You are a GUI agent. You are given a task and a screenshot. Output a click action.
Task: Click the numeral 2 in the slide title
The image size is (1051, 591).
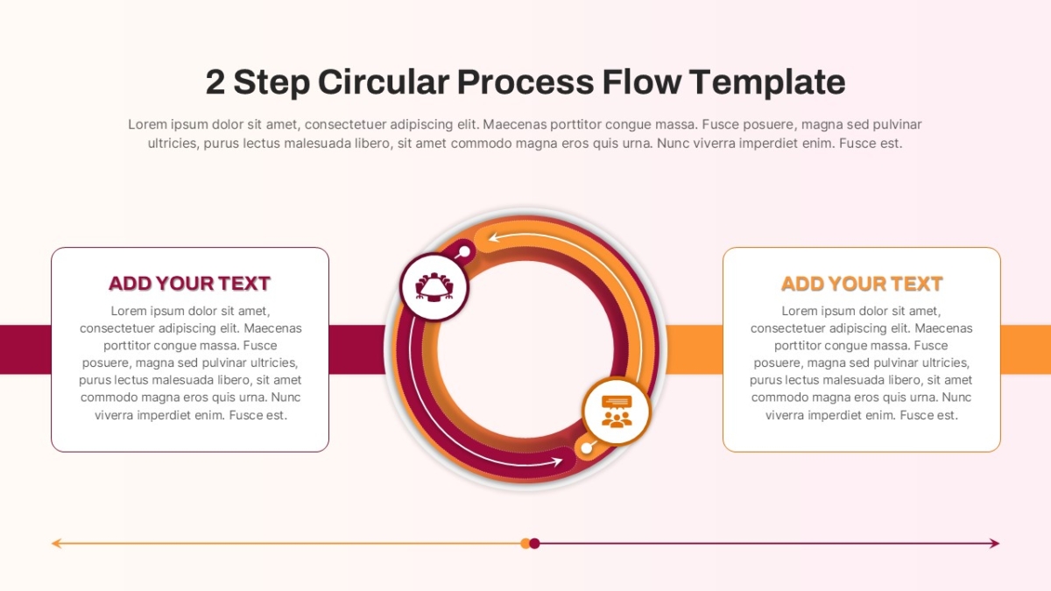coord(215,82)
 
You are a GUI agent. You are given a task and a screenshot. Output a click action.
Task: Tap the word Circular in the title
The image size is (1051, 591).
coord(384,82)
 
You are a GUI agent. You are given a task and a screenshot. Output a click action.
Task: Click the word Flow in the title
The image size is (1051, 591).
coord(641,82)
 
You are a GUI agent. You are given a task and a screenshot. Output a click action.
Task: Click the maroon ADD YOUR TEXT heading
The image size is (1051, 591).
coord(189,284)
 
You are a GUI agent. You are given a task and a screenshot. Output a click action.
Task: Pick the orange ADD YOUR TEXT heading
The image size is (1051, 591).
coord(862,284)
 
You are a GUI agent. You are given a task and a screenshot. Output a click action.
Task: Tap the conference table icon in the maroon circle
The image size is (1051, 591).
coord(434,286)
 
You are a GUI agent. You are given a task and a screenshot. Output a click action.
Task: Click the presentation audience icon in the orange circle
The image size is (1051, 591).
coord(617,412)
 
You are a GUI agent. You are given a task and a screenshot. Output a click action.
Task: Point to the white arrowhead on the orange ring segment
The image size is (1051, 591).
coord(495,237)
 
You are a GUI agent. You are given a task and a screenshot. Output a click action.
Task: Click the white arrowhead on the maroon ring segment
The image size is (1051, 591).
coord(557,461)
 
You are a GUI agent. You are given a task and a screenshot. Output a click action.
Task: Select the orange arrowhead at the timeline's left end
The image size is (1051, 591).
coord(56,544)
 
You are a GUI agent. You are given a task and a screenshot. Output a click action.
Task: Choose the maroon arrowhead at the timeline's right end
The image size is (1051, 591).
coord(995,544)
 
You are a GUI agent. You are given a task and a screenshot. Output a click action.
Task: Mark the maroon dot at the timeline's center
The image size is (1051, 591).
coord(534,544)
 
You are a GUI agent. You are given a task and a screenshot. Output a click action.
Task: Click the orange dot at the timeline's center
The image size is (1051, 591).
coord(525,544)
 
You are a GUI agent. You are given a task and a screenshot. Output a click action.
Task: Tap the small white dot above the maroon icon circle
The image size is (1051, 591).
coord(464,252)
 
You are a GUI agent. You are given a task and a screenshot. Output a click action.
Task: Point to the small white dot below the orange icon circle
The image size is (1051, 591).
coord(587,448)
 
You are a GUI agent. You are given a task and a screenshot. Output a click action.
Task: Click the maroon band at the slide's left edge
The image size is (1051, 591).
coord(25,349)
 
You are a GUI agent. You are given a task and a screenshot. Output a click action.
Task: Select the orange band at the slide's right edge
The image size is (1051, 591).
coord(1026,349)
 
